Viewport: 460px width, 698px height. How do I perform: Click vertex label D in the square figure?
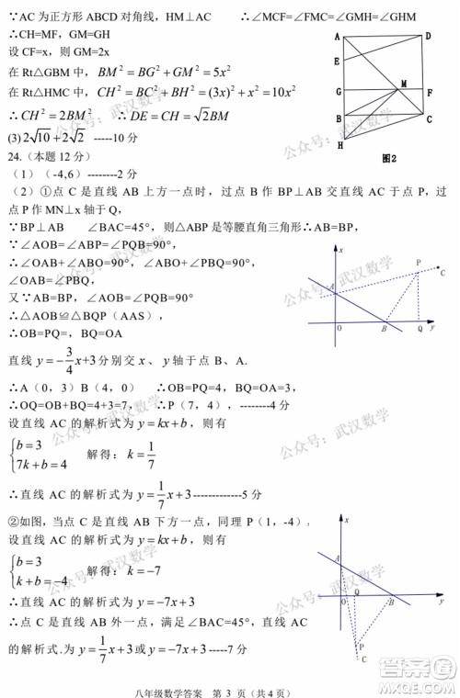coord(429,36)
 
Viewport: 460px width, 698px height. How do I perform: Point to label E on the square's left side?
coord(338,61)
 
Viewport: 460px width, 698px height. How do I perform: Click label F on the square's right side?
coord(430,92)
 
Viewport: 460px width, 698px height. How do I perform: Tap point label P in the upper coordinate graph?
coord(419,263)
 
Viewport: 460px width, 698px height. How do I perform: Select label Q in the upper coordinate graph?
coord(420,328)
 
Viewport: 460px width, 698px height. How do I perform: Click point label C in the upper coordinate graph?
coord(443,273)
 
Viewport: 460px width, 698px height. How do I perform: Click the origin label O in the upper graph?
coord(339,328)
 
